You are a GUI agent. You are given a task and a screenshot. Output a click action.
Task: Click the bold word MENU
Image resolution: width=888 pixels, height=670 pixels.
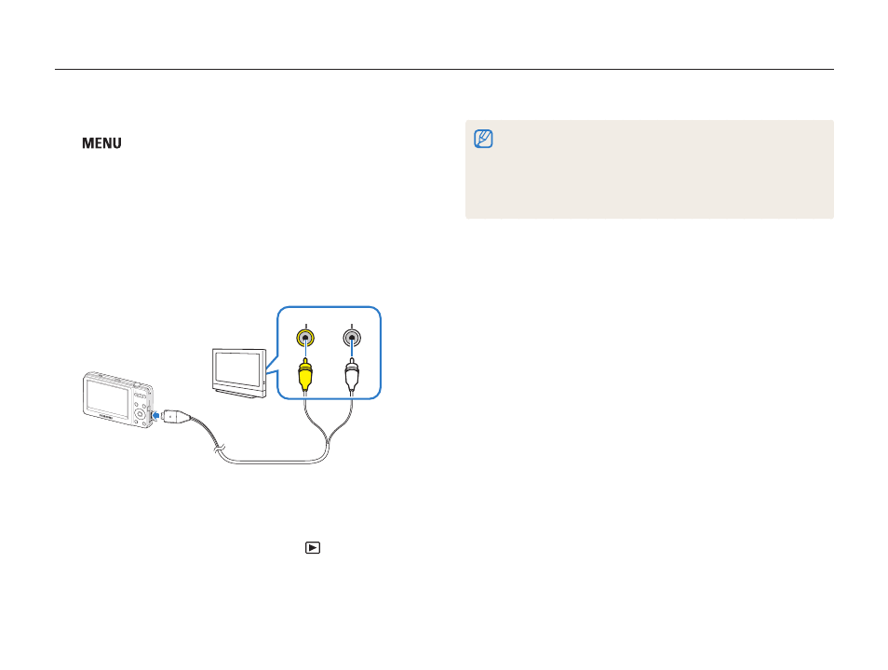tap(102, 143)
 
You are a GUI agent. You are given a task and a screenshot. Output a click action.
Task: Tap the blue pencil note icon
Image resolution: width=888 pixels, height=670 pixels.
tap(483, 139)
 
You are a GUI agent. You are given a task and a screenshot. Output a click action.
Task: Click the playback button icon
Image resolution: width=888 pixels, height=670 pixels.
tap(313, 548)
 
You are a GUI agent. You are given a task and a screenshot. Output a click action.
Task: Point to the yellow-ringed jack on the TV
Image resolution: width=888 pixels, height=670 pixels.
tap(305, 338)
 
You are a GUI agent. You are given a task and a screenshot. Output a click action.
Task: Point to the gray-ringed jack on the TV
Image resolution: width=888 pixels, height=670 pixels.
tap(352, 338)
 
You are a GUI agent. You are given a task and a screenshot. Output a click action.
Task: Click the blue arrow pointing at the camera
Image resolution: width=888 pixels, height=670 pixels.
tap(155, 416)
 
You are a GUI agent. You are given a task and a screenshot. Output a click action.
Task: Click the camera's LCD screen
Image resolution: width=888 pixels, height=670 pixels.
tap(107, 398)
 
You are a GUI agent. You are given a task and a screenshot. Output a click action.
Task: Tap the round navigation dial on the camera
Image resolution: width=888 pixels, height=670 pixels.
tap(140, 414)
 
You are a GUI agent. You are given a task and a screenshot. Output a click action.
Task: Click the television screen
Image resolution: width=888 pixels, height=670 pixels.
tap(238, 368)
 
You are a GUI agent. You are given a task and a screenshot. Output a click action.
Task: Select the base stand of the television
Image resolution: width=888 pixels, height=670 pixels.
tap(238, 393)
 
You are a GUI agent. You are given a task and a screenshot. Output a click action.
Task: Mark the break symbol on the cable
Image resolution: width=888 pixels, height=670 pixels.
tap(219, 449)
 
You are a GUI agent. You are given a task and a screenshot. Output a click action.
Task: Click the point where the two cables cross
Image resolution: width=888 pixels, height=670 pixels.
tap(328, 436)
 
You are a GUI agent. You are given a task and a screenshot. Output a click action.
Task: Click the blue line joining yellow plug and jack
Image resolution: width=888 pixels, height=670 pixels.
tap(305, 348)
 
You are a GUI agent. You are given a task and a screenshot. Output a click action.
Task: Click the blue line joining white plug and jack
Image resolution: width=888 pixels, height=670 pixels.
tap(352, 348)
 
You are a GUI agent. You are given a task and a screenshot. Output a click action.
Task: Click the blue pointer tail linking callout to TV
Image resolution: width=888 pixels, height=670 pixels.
tap(272, 366)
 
